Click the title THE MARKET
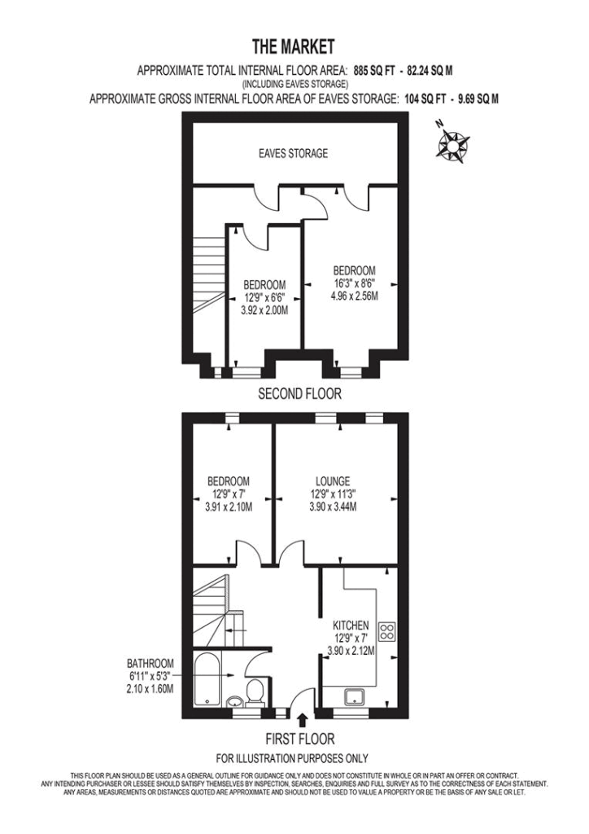pos(293,46)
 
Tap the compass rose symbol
pos(452,142)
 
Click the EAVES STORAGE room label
pos(293,154)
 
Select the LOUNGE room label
pos(333,481)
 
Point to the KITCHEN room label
pos(351,625)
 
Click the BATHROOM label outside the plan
pos(151,664)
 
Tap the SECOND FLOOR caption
pos(299,393)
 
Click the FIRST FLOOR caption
pos(300,739)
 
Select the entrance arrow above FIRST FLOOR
pos(303,720)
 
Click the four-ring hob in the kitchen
pos(386,631)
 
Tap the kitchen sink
pos(353,697)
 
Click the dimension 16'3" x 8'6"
pos(354,283)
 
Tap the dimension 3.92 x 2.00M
pos(264,310)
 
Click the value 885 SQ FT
pos(374,71)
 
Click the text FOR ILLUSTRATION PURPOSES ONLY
pos(292,758)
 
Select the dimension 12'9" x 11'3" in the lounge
pos(333,494)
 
